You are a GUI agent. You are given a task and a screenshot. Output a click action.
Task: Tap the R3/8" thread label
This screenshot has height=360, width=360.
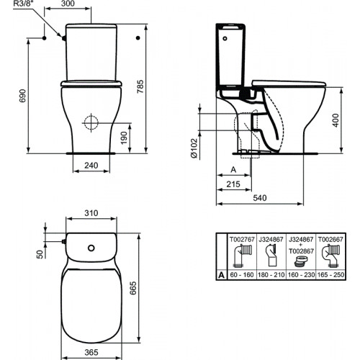13,6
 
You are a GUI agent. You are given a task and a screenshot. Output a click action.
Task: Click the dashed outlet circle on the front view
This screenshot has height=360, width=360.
92,122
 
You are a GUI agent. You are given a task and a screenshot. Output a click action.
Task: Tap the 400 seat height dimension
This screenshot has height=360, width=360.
336,120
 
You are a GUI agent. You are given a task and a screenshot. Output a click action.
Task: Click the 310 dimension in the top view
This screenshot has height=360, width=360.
91,214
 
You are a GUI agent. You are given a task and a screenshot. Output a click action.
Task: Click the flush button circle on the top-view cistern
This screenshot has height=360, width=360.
91,250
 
